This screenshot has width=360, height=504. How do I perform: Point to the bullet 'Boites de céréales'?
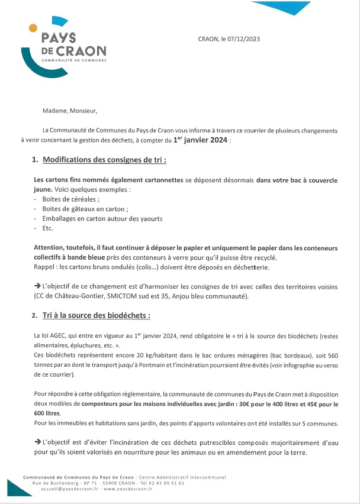[x=66, y=199]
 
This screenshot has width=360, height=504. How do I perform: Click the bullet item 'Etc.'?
[x=48, y=228]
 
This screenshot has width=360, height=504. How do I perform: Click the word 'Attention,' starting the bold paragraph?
[x=50, y=248]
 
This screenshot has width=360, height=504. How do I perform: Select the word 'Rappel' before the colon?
[x=44, y=267]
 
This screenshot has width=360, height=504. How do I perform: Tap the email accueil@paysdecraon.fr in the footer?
[x=65, y=489]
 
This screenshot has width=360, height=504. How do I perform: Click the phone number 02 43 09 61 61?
[x=167, y=483]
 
